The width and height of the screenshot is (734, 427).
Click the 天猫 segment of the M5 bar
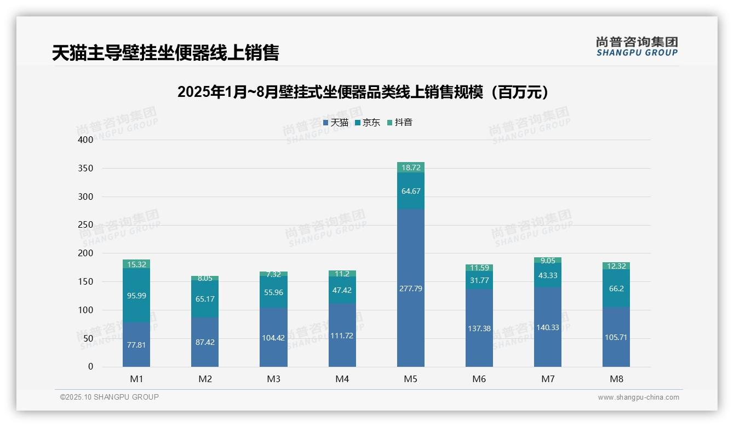410,288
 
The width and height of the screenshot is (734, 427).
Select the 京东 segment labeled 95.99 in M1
136,295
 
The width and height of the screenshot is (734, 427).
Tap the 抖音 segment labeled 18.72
410,168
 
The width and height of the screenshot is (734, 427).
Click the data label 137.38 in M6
479,328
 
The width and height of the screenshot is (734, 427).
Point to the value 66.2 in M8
616,288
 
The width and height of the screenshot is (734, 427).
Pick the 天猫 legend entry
336,123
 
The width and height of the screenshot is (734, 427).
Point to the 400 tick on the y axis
86,140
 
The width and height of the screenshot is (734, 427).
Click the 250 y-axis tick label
86,225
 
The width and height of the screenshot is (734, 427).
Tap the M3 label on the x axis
273,379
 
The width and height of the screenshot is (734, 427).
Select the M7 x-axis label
548,379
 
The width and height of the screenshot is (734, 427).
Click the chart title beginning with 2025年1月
363,92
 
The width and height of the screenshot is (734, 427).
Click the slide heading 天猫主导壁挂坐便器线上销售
165,53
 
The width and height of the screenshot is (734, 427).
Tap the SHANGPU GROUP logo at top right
637,47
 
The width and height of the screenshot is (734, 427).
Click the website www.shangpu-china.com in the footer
638,397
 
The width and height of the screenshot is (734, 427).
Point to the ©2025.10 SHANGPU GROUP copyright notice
110,397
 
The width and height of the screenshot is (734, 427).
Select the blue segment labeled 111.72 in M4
342,335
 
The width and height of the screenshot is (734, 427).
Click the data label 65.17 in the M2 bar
205,299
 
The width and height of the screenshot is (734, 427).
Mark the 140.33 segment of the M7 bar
548,327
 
